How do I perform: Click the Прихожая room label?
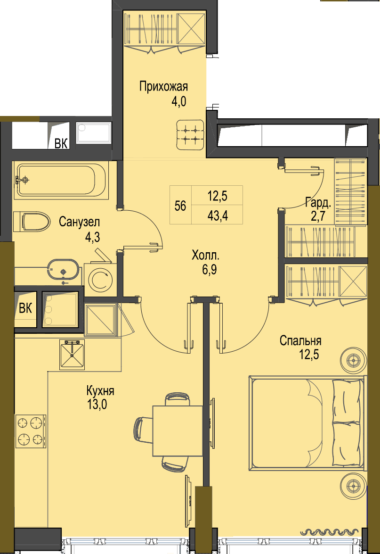point(163,87)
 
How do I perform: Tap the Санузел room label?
point(80,222)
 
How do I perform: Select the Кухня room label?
point(100,391)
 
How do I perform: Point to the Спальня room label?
point(300,340)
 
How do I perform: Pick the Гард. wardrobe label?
point(318,203)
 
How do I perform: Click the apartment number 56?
point(180,206)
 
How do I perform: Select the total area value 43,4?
point(218,215)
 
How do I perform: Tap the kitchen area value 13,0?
point(97,404)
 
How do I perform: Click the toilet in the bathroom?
point(32,222)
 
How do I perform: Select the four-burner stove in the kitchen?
point(30,431)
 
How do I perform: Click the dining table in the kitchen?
point(178,430)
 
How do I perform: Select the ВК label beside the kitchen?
point(25,308)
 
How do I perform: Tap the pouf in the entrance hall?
point(190,135)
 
